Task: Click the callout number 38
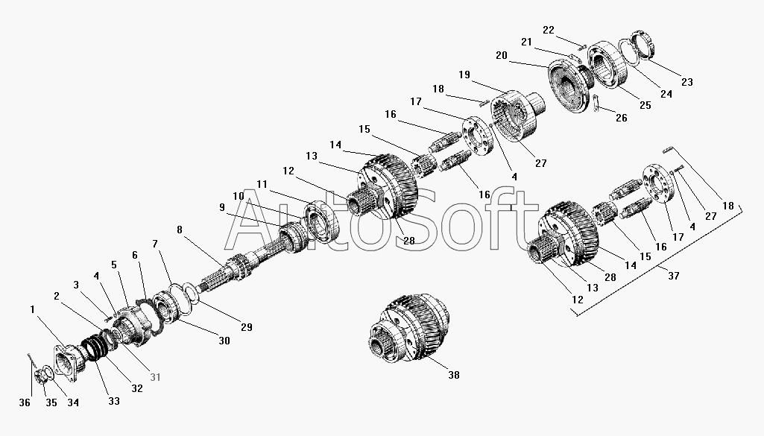pyautogui.click(x=454, y=375)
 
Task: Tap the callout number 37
pyautogui.click(x=673, y=276)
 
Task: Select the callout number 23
pyautogui.click(x=687, y=82)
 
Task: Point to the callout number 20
pyautogui.click(x=502, y=56)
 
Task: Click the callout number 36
pyautogui.click(x=25, y=402)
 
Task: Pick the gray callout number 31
pyautogui.click(x=155, y=377)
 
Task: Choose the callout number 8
pyautogui.click(x=180, y=230)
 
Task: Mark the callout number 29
pyautogui.click(x=247, y=327)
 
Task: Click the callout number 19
pyautogui.click(x=464, y=75)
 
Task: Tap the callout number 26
pyautogui.click(x=622, y=118)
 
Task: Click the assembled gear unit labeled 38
pyautogui.click(x=409, y=329)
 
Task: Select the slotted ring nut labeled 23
pyautogui.click(x=644, y=45)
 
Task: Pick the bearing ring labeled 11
pyautogui.click(x=321, y=221)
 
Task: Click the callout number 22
pyautogui.click(x=549, y=31)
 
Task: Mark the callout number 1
pyautogui.click(x=32, y=309)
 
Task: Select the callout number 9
pyautogui.click(x=222, y=207)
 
